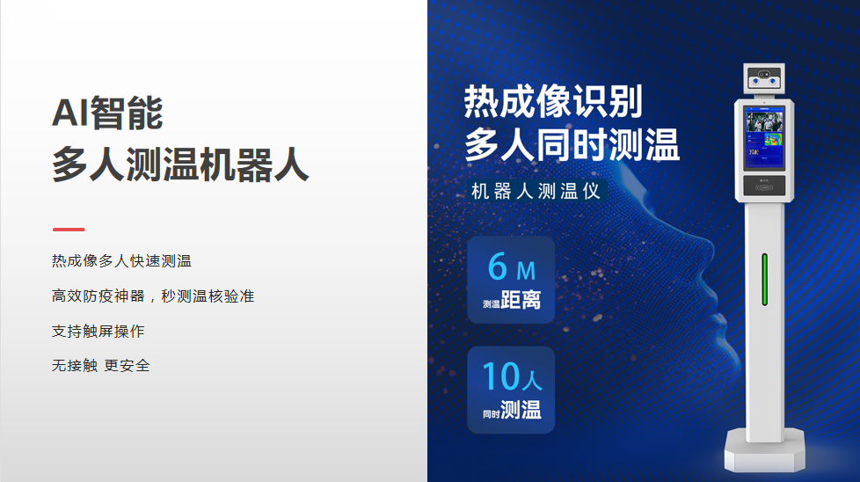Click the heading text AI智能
click(x=107, y=113)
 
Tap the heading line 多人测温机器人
click(x=180, y=164)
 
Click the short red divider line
click(x=69, y=230)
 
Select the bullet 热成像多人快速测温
click(x=121, y=261)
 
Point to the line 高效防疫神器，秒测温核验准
click(x=153, y=296)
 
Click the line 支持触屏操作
click(x=98, y=332)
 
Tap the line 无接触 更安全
click(x=101, y=366)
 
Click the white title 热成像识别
click(x=553, y=101)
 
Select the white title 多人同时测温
click(x=572, y=144)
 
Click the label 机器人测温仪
click(x=536, y=192)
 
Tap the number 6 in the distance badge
click(x=498, y=267)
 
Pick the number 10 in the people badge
click(x=501, y=376)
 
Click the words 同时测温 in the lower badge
click(x=512, y=410)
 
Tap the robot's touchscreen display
click(x=764, y=137)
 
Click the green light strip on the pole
click(x=764, y=280)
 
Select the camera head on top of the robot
click(x=764, y=78)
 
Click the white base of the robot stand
click(x=764, y=450)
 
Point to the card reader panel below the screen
click(x=764, y=186)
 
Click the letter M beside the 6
click(x=526, y=271)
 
